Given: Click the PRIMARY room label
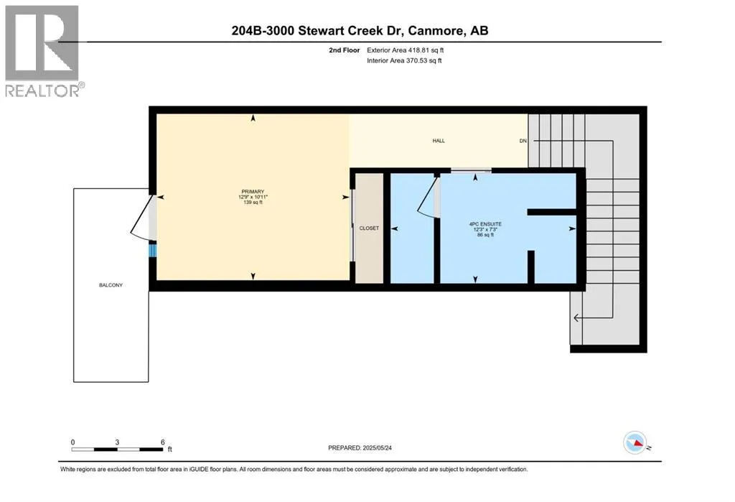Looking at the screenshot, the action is pyautogui.click(x=253, y=192).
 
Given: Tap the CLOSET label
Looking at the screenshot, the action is pyautogui.click(x=369, y=228).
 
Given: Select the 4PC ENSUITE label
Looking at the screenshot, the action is pyautogui.click(x=485, y=224).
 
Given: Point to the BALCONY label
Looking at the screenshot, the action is pyautogui.click(x=111, y=285).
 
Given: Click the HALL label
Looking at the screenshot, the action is pyautogui.click(x=439, y=141).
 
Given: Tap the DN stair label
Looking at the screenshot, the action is pyautogui.click(x=523, y=141).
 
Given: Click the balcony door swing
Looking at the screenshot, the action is pyautogui.click(x=141, y=216).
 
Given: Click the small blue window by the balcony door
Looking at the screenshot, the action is pyautogui.click(x=152, y=249).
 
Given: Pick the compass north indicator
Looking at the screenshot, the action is pyautogui.click(x=635, y=442).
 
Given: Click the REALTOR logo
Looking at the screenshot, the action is pyautogui.click(x=42, y=51).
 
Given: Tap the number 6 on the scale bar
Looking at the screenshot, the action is pyautogui.click(x=163, y=442).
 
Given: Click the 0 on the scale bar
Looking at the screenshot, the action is pyautogui.click(x=72, y=442).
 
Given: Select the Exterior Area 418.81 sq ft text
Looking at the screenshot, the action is pyautogui.click(x=405, y=50).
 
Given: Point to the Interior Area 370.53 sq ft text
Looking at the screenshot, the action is pyautogui.click(x=404, y=60).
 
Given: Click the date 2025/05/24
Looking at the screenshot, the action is pyautogui.click(x=377, y=448).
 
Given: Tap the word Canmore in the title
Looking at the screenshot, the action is pyautogui.click(x=436, y=31).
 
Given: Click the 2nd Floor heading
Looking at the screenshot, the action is pyautogui.click(x=344, y=50).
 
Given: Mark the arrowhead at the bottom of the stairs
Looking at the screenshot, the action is pyautogui.click(x=576, y=318).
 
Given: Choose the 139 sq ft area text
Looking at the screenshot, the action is pyautogui.click(x=253, y=203).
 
